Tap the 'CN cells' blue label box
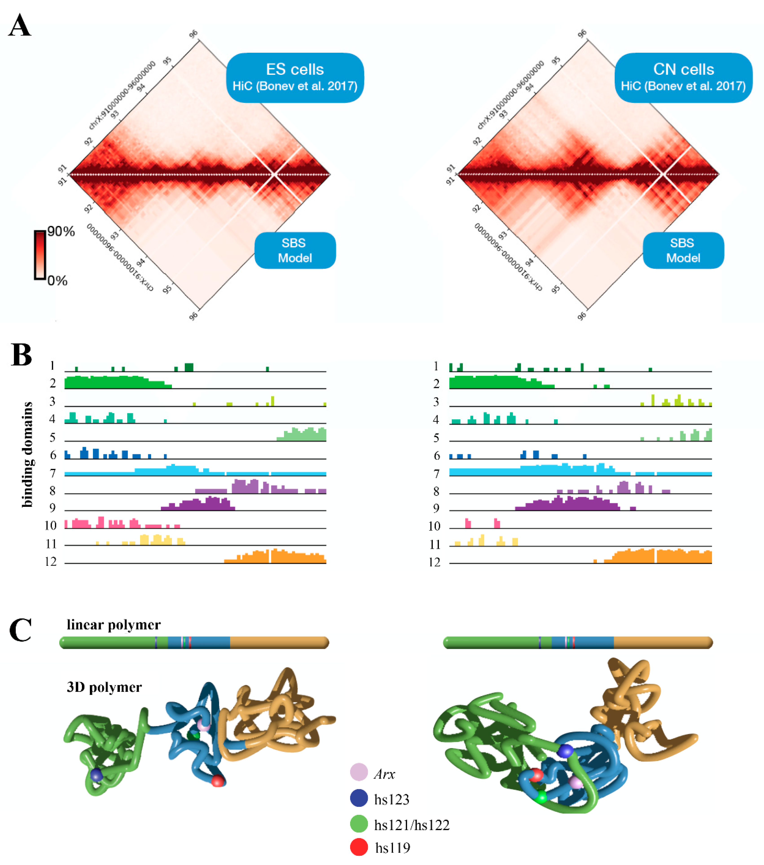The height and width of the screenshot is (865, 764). point(683,77)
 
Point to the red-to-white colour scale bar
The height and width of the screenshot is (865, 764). point(40,255)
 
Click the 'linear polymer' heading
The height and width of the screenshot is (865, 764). point(114,625)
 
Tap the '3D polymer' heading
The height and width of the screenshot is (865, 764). point(104,687)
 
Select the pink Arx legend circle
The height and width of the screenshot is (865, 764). point(359,772)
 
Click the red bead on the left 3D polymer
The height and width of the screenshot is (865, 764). point(218,780)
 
